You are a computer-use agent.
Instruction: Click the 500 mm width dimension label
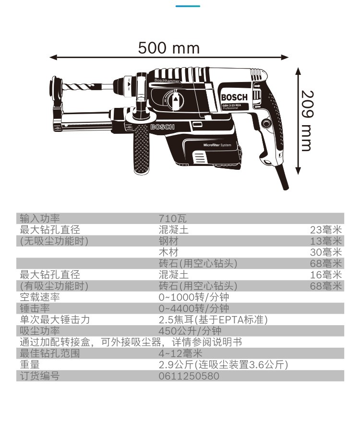tap(168, 48)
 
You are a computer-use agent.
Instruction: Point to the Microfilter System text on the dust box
tap(217, 144)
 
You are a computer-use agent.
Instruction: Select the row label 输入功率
tap(40, 219)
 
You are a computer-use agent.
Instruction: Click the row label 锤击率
tap(35, 308)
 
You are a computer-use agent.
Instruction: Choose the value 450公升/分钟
tap(190, 331)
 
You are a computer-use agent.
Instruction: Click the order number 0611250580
tap(189, 376)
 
